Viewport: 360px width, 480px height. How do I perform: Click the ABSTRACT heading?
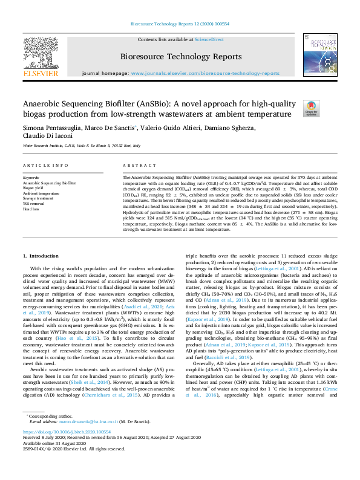[136, 165]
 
